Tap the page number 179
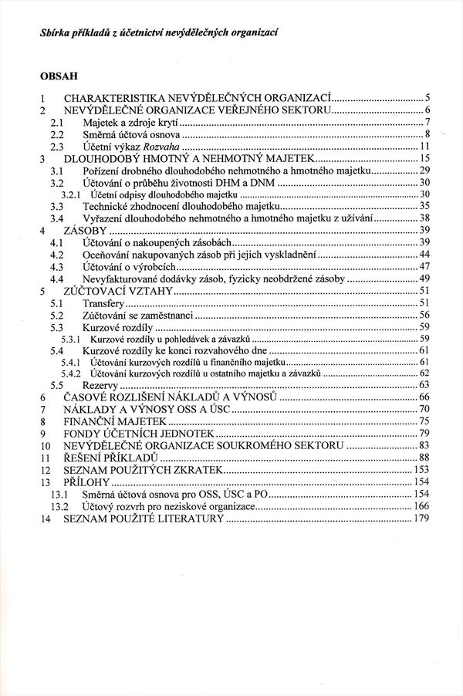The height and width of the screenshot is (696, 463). click(421, 518)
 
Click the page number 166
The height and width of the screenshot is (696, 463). click(421, 505)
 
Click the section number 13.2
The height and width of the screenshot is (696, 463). click(60, 505)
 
